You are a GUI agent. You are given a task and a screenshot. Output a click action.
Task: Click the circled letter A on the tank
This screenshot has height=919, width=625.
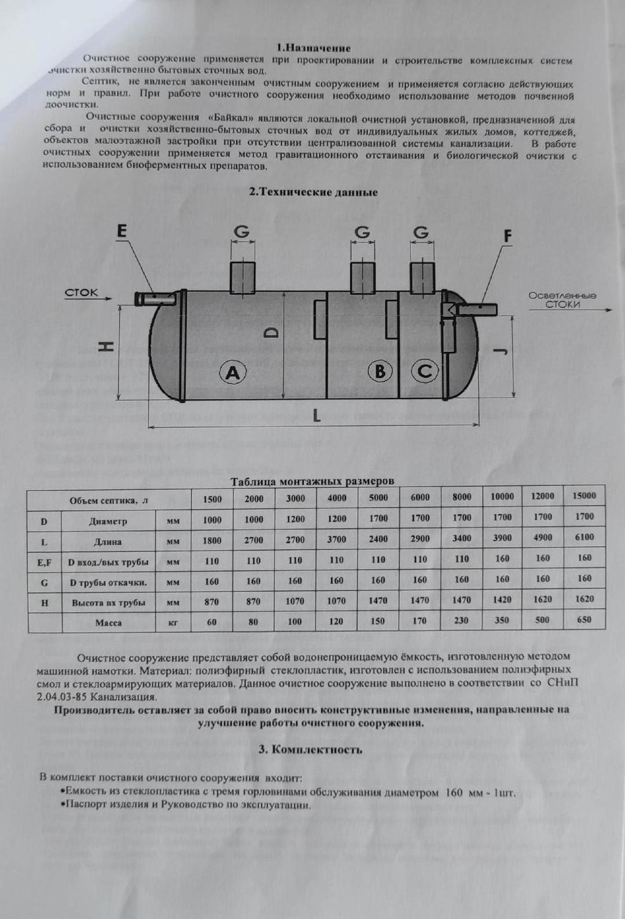coord(233,373)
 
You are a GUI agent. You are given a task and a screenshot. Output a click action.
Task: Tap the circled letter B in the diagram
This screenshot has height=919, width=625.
coord(380,371)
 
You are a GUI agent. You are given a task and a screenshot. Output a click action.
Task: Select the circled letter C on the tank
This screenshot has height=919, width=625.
coord(424,370)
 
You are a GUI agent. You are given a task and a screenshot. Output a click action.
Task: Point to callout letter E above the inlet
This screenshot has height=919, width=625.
coord(122,231)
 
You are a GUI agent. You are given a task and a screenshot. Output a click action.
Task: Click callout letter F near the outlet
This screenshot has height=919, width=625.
coord(508,236)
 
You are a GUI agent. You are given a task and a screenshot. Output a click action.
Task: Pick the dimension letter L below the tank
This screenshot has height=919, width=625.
coord(317,415)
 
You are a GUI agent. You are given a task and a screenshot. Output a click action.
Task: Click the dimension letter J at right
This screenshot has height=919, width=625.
coord(502,351)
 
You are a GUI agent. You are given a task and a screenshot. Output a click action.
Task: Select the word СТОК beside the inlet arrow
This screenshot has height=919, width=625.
coord(81,292)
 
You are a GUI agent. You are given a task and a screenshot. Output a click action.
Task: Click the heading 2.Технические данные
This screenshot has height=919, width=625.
coord(313,192)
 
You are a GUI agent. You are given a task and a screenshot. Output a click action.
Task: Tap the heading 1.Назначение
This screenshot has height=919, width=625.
coord(314,48)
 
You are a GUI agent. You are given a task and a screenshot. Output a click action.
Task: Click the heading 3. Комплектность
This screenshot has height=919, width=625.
coord(310,750)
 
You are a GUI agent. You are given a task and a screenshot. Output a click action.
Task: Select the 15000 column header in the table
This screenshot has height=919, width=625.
coord(584,496)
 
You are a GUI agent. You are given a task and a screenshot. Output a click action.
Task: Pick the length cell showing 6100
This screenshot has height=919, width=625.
coord(584,537)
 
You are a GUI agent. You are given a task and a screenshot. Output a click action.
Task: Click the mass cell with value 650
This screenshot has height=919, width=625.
coord(584,619)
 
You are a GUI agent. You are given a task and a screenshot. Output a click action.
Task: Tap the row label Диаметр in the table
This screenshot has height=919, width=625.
coord(108,521)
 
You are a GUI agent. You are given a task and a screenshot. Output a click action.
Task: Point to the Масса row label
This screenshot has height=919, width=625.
coord(108,623)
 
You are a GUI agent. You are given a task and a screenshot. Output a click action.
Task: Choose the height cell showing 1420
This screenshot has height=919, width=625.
coord(502,600)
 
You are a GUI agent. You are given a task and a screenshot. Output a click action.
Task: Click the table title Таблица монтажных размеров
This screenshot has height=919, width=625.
coord(312,481)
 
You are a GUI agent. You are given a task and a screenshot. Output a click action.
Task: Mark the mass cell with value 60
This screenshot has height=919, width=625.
coord(212,622)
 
